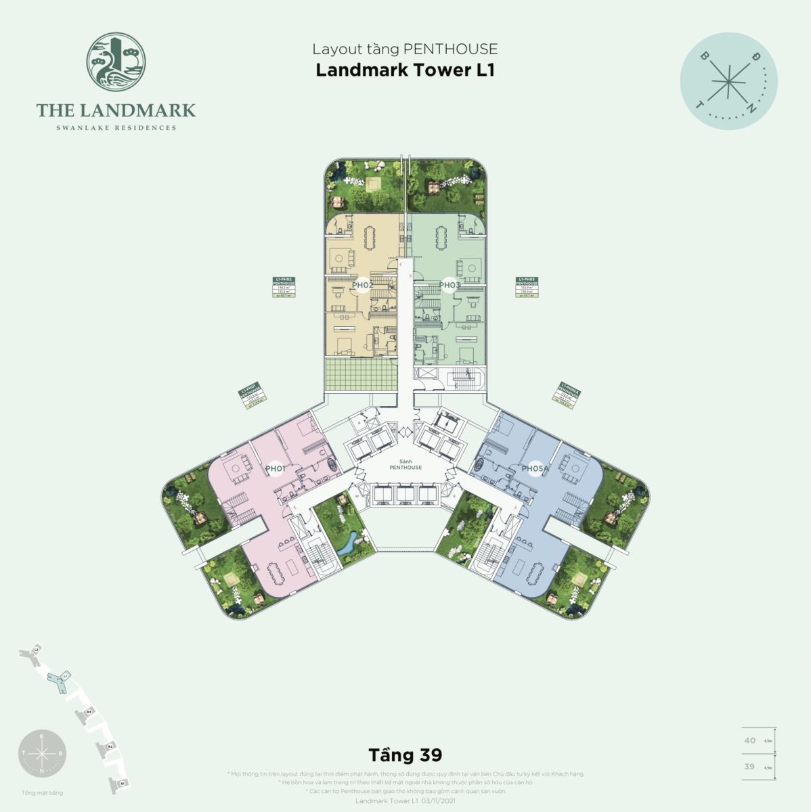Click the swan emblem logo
tap(116, 65)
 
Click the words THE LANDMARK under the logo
tap(116, 110)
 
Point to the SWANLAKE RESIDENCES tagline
tap(116, 127)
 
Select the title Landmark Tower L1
tap(405, 70)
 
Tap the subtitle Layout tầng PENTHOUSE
tap(405, 49)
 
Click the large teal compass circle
tap(728, 81)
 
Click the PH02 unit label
tap(363, 285)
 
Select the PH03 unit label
tap(450, 285)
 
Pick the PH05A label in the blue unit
tap(534, 468)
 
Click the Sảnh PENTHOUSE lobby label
tap(405, 464)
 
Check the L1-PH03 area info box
tap(526, 288)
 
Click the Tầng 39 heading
tap(405, 754)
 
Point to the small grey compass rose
tap(42, 752)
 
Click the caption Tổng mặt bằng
tap(42, 792)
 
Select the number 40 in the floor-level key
tap(749, 740)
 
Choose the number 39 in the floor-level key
tap(749, 767)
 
